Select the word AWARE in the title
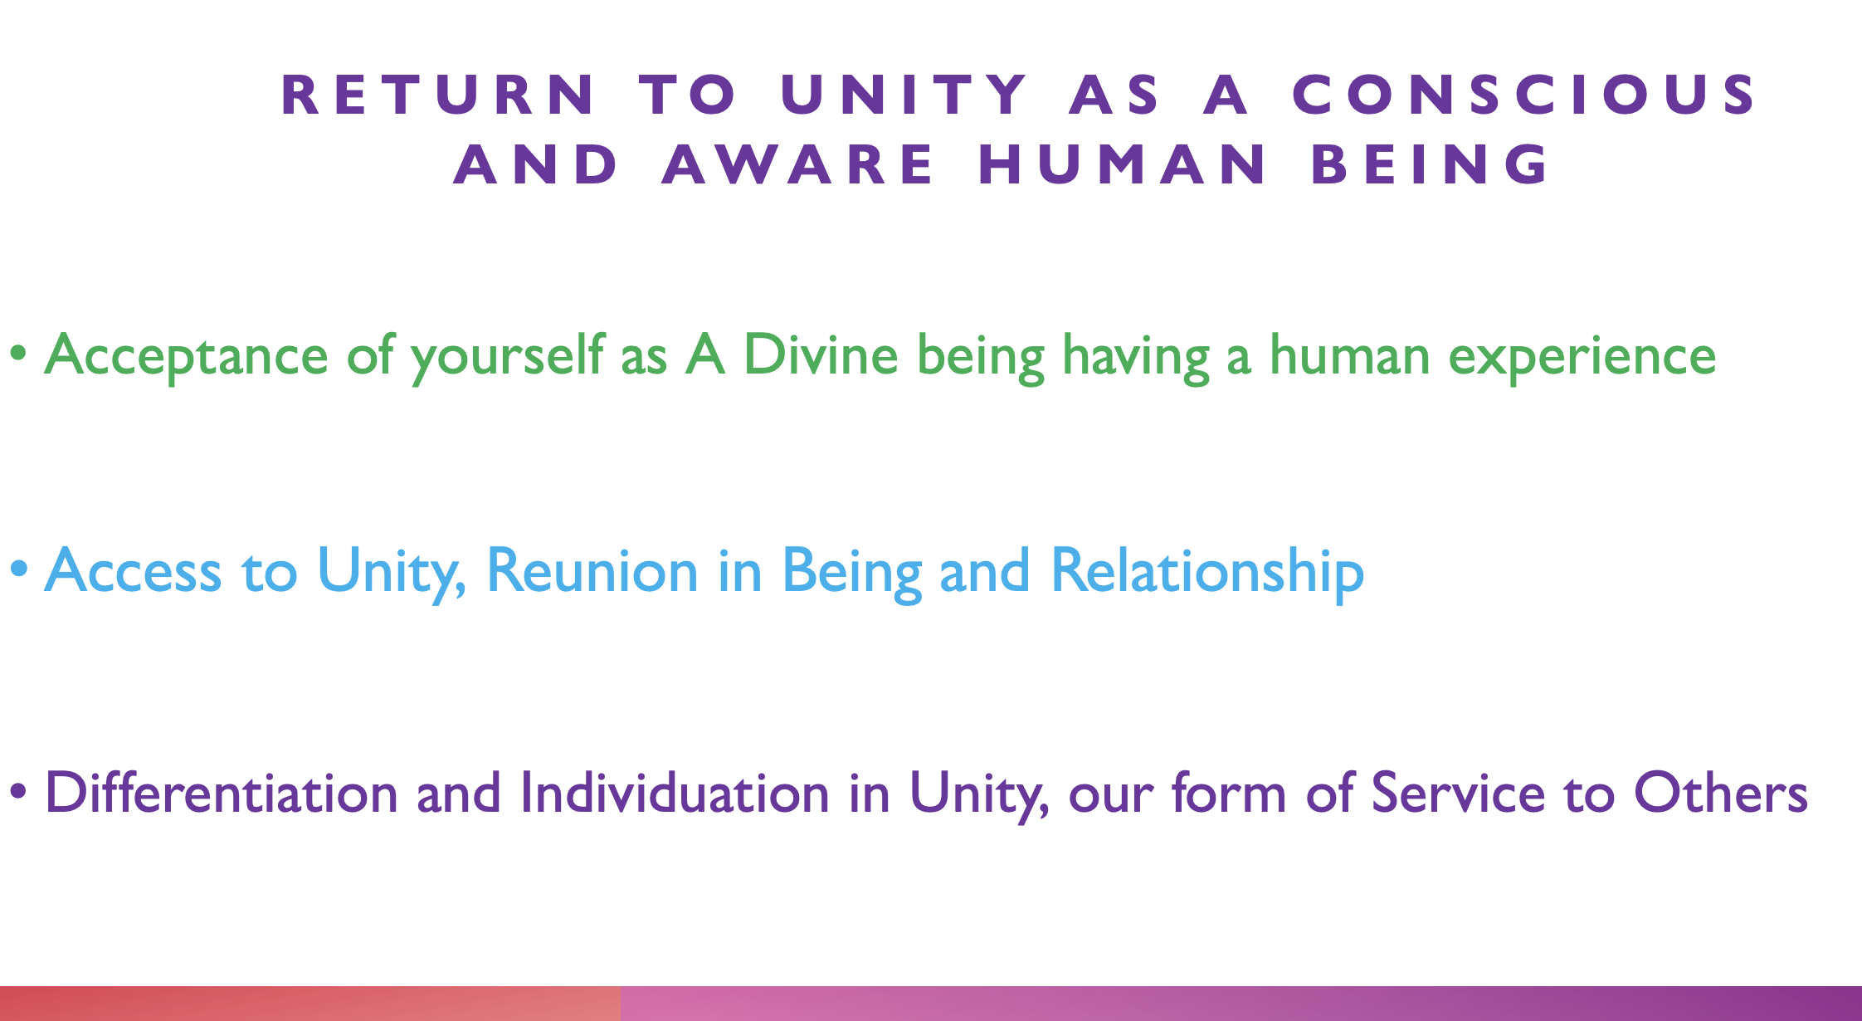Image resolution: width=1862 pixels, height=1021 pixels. point(798,164)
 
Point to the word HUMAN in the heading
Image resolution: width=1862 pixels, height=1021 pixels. point(1123,164)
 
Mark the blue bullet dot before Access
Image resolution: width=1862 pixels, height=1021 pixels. point(18,572)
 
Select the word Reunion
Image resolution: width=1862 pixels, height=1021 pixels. point(592,570)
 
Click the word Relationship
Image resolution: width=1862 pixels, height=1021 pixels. point(1207,573)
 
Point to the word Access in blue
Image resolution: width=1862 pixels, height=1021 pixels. point(133,571)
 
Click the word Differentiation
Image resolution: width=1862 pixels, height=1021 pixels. point(222,792)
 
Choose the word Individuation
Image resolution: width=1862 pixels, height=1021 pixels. point(675,792)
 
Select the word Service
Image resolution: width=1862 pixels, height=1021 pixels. point(1457,792)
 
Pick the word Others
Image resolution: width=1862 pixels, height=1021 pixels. point(1720,792)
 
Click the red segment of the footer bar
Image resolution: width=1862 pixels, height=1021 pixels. point(310,1004)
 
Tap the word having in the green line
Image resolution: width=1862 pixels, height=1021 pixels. point(1135,358)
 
